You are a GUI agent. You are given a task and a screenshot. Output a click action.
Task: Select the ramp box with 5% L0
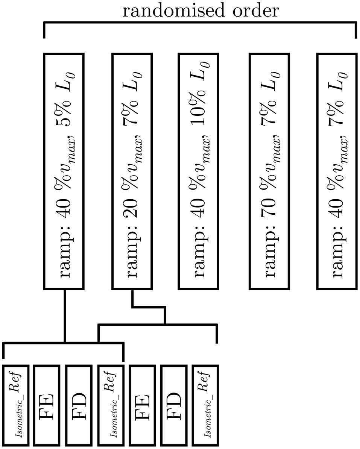coord(64,171)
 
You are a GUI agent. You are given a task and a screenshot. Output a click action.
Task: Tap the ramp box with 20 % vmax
coord(131,171)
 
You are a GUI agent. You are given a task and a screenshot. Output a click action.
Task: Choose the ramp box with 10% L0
coord(197,171)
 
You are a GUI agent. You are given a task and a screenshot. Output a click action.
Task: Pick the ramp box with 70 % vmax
coord(269,171)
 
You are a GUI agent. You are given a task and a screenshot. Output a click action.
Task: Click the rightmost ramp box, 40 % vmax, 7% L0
coord(337,171)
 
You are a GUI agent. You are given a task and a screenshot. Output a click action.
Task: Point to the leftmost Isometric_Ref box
coord(16,405)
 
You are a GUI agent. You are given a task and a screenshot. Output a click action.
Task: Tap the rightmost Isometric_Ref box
coord(205,405)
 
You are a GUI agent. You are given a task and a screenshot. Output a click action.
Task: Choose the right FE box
coord(142,405)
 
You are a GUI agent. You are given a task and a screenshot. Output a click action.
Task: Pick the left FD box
coord(79,405)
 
